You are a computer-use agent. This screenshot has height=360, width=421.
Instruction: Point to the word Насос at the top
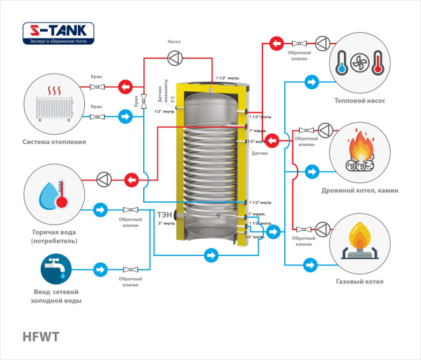click(x=174, y=41)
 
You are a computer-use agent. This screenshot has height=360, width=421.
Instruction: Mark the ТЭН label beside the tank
click(x=164, y=214)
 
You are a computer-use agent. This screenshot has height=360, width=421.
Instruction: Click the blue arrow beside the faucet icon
click(x=100, y=269)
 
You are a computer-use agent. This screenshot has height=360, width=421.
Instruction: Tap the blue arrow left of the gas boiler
click(x=310, y=265)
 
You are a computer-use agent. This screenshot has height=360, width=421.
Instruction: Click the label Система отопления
click(x=54, y=141)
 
